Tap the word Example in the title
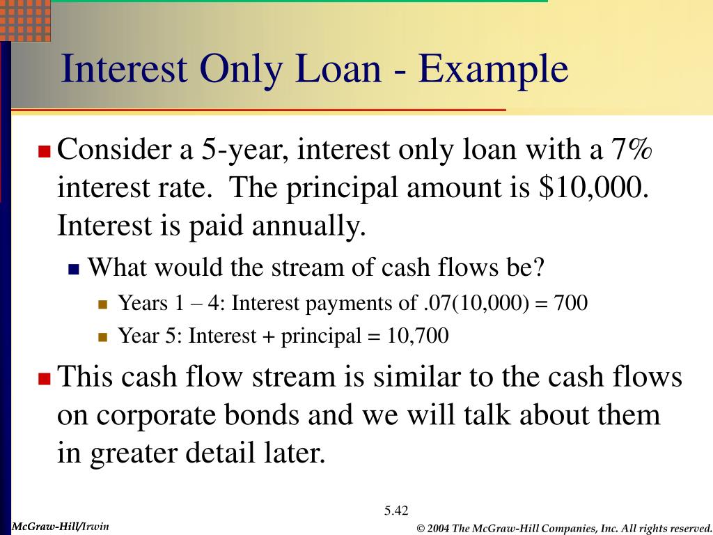494,70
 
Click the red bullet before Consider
45,150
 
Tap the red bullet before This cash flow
45,379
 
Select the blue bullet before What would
75,268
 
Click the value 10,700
418,336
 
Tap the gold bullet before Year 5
103,338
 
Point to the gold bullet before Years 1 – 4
103,304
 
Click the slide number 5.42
395,511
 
